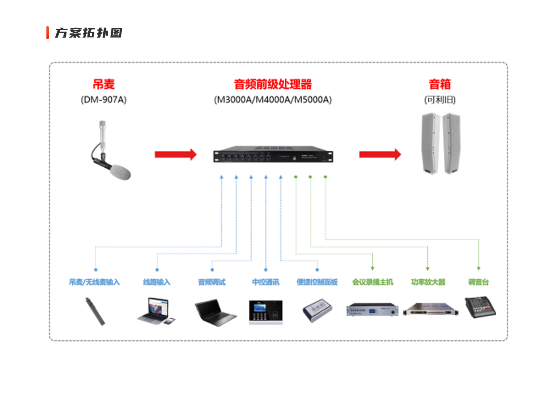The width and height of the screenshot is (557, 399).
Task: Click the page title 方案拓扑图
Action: (89, 33)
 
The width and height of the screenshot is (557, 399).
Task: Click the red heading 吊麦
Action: (104, 84)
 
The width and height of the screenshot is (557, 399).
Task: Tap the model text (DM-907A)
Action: (104, 100)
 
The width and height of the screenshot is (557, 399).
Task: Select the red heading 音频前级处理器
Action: (273, 84)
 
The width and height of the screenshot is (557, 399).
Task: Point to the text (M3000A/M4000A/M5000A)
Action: (273, 100)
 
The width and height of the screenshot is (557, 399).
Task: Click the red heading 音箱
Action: (440, 84)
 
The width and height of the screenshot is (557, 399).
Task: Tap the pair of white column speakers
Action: (441, 144)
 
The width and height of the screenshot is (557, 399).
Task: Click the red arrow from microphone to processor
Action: (176, 155)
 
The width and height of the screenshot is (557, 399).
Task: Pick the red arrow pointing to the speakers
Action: (380, 155)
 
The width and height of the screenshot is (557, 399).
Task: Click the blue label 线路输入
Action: (157, 282)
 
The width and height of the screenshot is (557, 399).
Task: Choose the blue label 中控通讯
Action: (266, 282)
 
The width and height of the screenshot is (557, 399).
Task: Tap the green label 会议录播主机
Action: (372, 282)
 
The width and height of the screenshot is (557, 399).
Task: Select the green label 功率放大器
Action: (428, 282)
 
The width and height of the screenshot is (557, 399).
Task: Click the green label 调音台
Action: (478, 282)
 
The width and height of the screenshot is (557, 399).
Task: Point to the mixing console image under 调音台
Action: (480, 307)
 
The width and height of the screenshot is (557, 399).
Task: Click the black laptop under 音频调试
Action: (215, 312)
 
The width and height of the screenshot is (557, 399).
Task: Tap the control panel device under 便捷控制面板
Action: (318, 310)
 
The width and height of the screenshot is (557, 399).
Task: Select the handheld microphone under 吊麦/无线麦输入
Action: (95, 311)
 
